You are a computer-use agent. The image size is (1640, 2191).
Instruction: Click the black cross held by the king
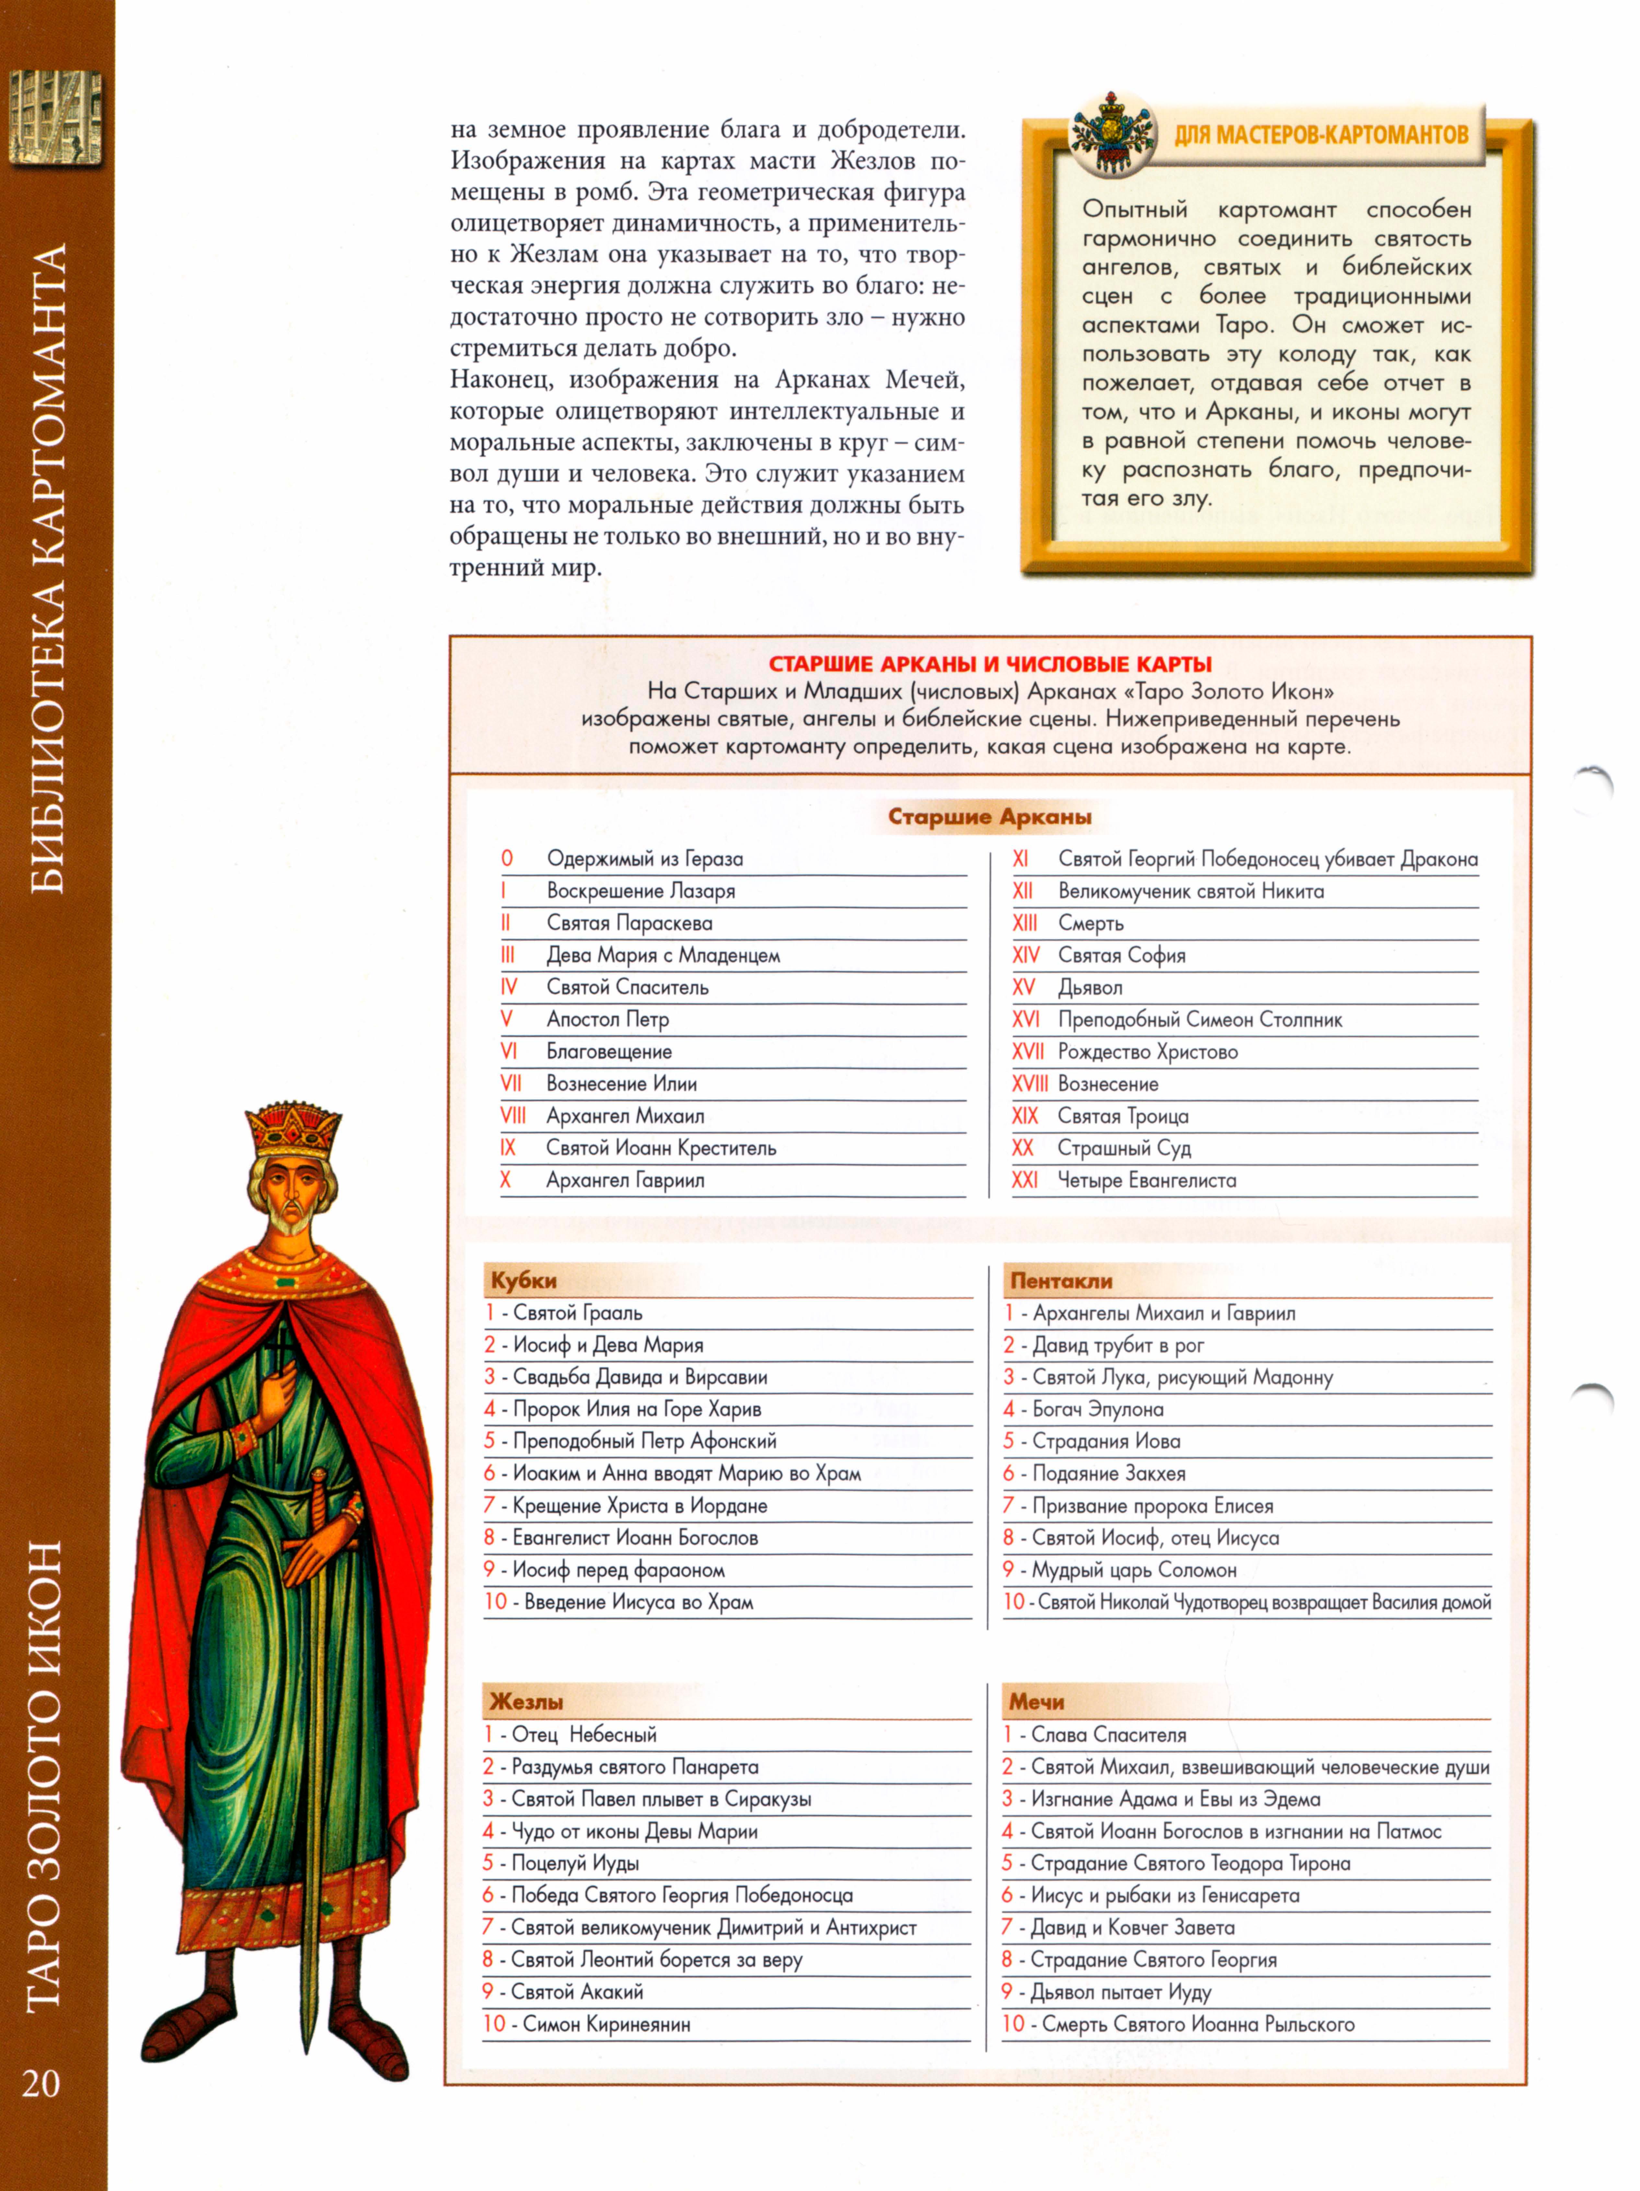(x=280, y=1352)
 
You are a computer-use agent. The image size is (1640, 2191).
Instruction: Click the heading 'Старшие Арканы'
(x=989, y=817)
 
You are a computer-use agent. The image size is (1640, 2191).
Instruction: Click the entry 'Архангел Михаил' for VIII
(x=625, y=1116)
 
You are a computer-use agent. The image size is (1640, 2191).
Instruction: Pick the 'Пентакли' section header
(x=1061, y=1281)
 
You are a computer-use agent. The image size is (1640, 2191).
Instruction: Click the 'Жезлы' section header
(x=526, y=1702)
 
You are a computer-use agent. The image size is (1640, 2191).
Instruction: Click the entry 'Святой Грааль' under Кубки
(x=577, y=1313)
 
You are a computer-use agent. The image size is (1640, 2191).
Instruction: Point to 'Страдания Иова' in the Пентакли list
(x=1105, y=1441)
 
